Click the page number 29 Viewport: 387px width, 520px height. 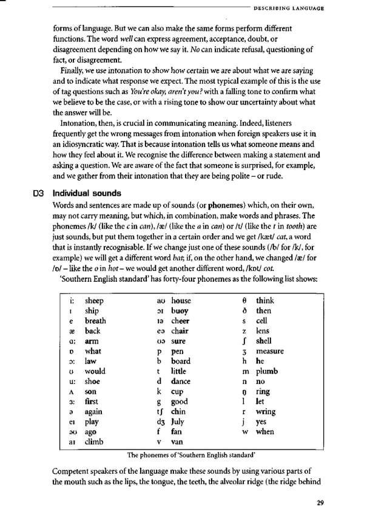pos(320,502)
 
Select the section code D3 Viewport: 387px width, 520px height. pos(39,194)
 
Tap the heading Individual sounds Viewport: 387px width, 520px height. pos(87,194)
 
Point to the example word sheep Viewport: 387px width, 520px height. pos(94,301)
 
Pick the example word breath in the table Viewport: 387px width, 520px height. pos(95,321)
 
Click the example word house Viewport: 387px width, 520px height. pos(181,301)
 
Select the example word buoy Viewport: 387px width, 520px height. pos(180,310)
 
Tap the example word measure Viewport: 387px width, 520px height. pos(270,351)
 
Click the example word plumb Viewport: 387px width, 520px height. pos(267,371)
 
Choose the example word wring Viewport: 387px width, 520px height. pos(266,411)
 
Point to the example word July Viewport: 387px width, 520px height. pos(180,422)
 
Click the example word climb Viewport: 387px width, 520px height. pos(95,442)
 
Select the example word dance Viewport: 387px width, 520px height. pos(181,381)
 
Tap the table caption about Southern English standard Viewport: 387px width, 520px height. pos(191,454)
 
